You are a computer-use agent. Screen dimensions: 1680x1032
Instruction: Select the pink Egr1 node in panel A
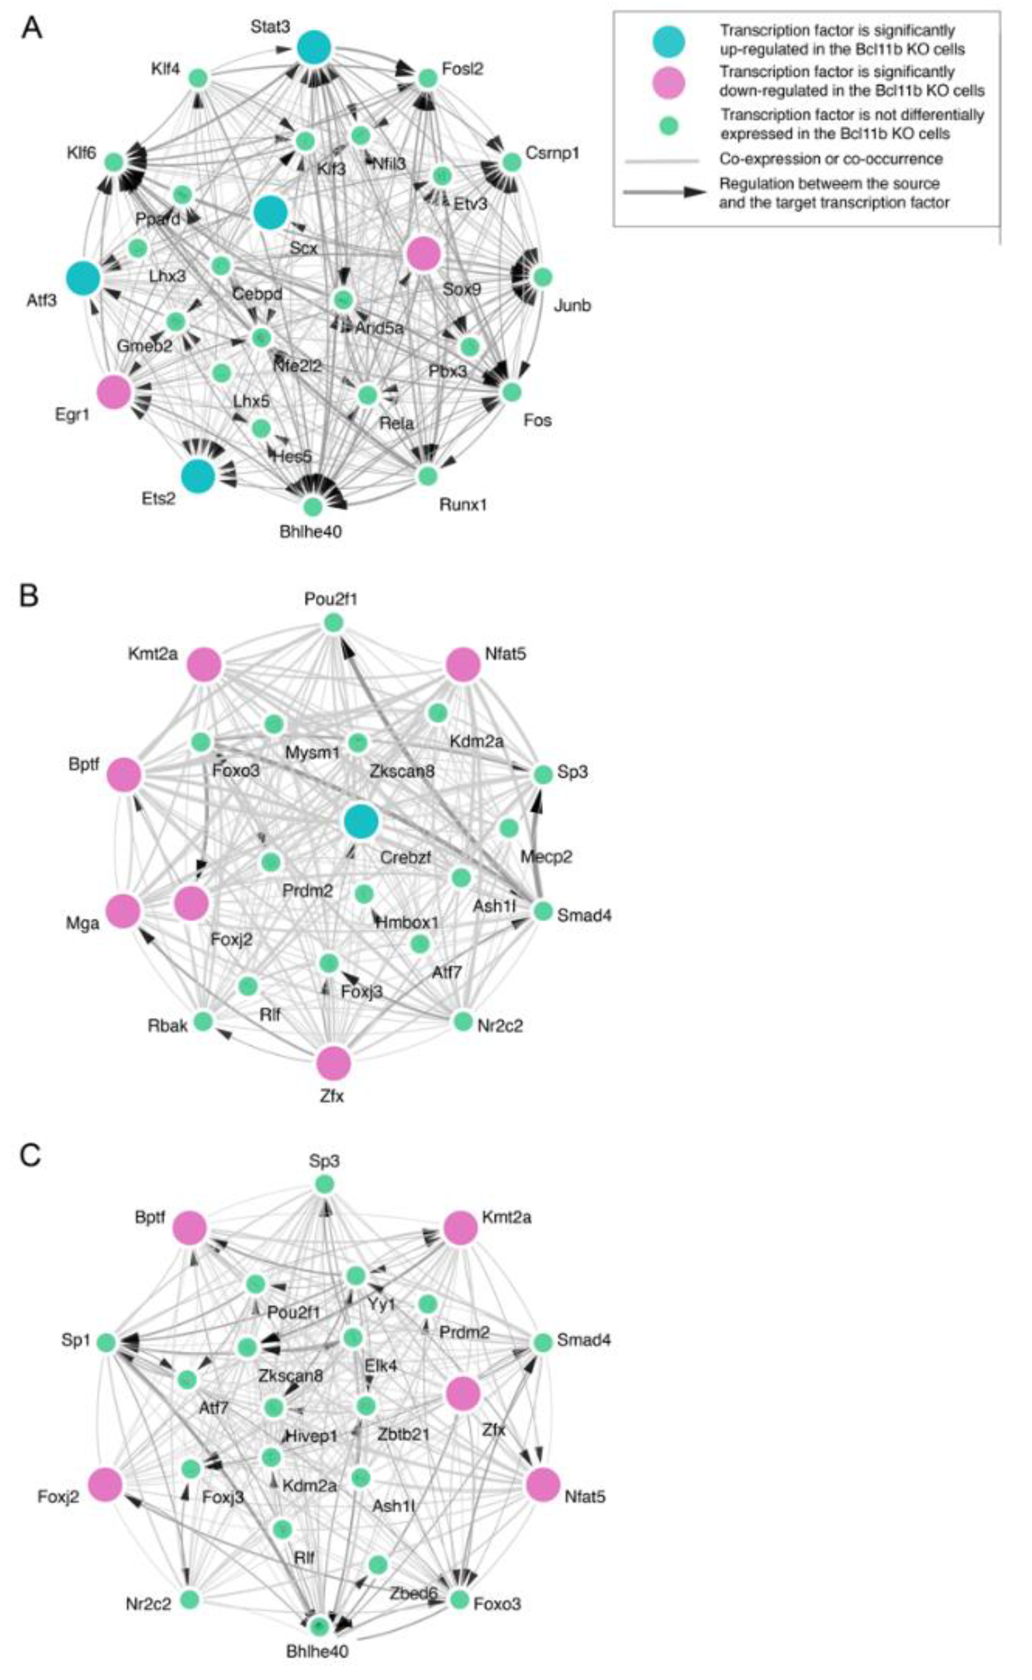pyautogui.click(x=114, y=391)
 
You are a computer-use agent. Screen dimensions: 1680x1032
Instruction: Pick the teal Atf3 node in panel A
pyautogui.click(x=84, y=277)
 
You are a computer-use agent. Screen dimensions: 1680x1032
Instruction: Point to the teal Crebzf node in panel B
pyautogui.click(x=361, y=821)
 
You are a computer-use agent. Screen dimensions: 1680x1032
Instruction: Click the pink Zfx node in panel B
pyautogui.click(x=334, y=1063)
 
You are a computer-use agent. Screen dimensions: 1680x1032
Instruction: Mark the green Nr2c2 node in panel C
pyautogui.click(x=190, y=1599)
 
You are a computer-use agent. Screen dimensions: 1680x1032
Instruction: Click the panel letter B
pyautogui.click(x=29, y=595)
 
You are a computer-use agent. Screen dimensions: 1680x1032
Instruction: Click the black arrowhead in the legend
pyautogui.click(x=695, y=192)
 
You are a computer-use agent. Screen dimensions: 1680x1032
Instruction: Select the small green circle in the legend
pyautogui.click(x=669, y=125)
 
